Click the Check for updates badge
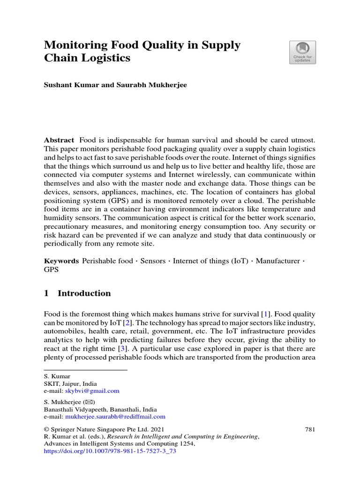point(302,52)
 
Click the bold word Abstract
point(59,140)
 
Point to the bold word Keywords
point(61,261)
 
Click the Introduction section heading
point(84,293)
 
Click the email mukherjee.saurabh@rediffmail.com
point(115,416)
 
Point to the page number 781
point(310,429)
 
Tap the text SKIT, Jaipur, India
point(70,383)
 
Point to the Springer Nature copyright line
point(104,429)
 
